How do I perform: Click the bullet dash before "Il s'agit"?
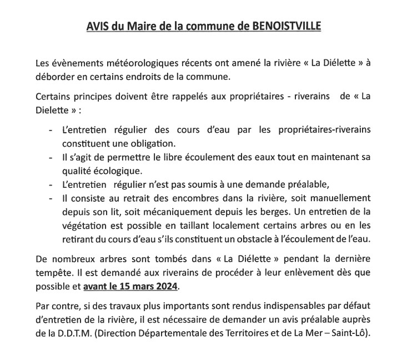tap(52, 157)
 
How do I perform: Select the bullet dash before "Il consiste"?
tap(52, 197)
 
